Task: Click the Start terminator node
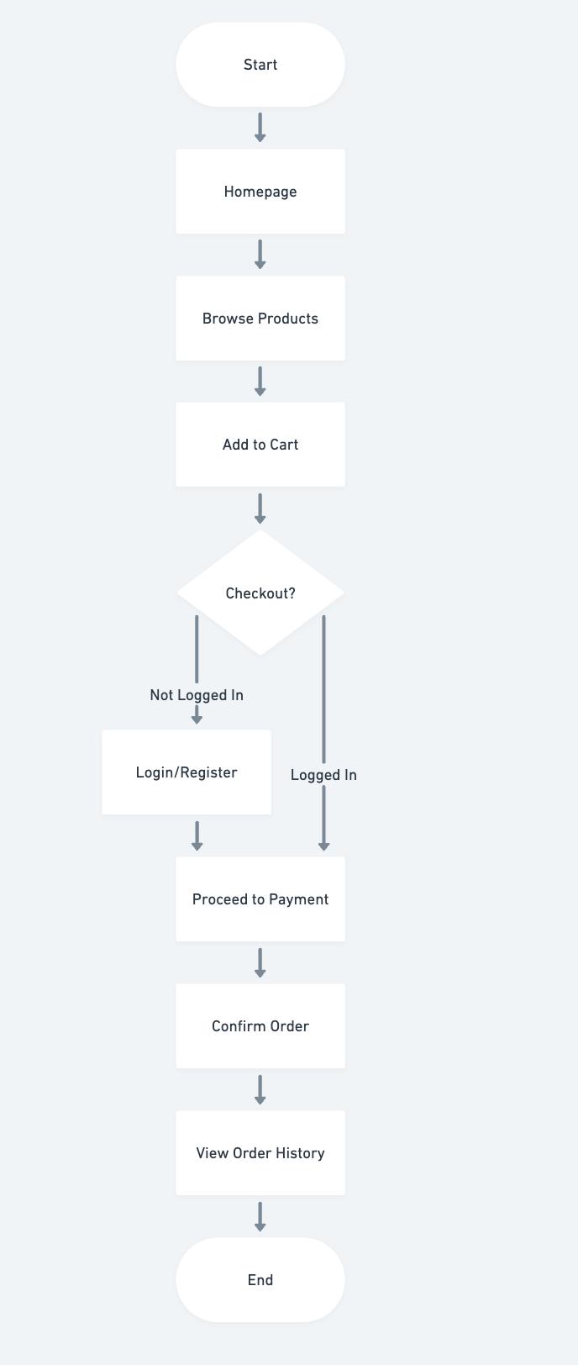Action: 260,65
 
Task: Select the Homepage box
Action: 260,192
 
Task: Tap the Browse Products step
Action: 260,319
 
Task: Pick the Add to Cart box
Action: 260,445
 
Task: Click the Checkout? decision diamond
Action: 260,593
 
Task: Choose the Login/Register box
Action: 187,772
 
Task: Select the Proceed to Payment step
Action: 260,899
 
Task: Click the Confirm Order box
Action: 260,1026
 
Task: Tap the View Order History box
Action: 260,1153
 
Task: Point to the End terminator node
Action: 260,1280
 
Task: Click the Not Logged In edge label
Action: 197,695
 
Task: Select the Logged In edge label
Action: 323,775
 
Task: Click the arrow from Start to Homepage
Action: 260,128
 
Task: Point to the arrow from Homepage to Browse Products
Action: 260,255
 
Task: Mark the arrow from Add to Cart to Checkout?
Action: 260,509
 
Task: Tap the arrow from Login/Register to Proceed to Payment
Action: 197,836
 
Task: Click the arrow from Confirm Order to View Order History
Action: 260,1089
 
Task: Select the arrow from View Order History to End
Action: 260,1216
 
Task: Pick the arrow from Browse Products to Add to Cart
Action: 260,382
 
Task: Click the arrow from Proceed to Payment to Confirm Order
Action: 260,963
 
